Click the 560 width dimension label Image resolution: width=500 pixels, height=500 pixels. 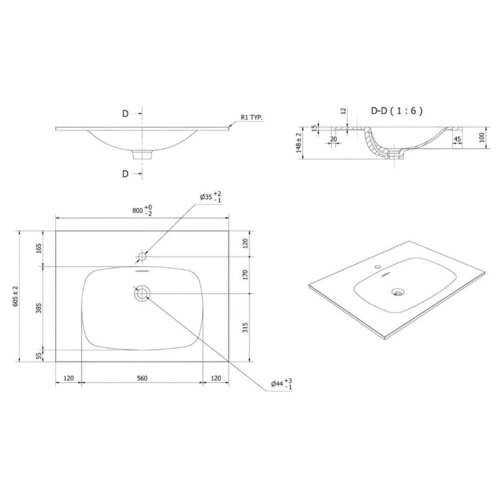click(x=142, y=378)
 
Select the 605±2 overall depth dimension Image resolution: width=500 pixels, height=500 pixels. click(x=15, y=297)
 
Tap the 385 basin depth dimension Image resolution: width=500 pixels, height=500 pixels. click(x=39, y=308)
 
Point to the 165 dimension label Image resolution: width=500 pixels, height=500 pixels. click(x=39, y=249)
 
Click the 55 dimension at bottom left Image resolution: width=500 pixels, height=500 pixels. click(x=39, y=356)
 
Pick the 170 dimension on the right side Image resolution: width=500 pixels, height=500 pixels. click(x=245, y=275)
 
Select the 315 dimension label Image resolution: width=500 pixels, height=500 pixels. click(x=245, y=328)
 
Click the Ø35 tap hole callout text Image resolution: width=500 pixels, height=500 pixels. click(x=211, y=197)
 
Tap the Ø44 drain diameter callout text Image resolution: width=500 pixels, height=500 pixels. click(x=281, y=384)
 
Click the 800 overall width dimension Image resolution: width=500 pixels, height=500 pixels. click(x=142, y=211)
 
